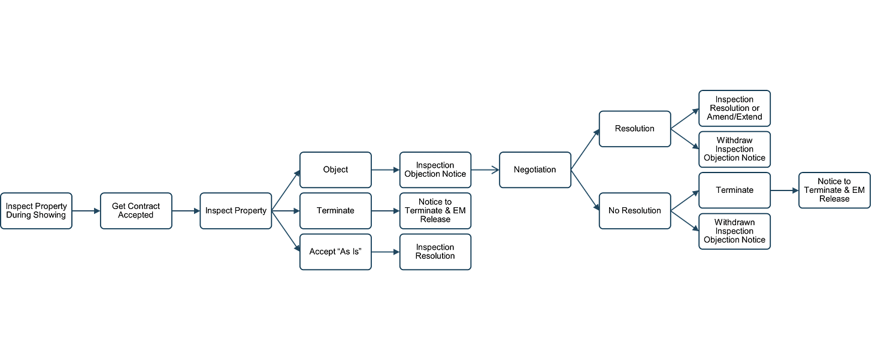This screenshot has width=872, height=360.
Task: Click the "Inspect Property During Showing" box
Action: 36,211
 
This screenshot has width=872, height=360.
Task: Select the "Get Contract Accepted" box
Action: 136,211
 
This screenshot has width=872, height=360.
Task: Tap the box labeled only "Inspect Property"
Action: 235,211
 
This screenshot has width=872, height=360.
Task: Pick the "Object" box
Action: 335,170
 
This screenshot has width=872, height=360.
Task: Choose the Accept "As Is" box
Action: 335,252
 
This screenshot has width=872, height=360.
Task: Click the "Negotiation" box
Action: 535,170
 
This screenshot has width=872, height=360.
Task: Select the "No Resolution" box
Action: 635,211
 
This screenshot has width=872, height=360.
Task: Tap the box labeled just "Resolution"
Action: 635,128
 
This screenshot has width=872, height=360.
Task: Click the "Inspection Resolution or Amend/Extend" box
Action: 734,108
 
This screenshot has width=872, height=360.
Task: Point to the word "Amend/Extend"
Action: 734,117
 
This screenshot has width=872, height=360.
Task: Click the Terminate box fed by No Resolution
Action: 734,190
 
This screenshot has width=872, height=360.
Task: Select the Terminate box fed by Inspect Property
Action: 335,211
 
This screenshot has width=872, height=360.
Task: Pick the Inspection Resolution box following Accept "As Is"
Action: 435,252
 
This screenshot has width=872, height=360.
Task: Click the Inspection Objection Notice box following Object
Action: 435,170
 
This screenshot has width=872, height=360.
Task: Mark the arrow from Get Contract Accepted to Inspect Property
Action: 186,211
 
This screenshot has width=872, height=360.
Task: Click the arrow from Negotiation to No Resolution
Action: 585,190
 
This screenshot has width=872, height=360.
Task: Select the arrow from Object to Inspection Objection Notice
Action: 385,170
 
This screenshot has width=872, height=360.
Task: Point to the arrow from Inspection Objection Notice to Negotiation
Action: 485,170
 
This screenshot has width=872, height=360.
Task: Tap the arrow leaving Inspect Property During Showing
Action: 86,211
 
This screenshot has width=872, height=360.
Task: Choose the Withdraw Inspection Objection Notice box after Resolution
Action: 734,149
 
